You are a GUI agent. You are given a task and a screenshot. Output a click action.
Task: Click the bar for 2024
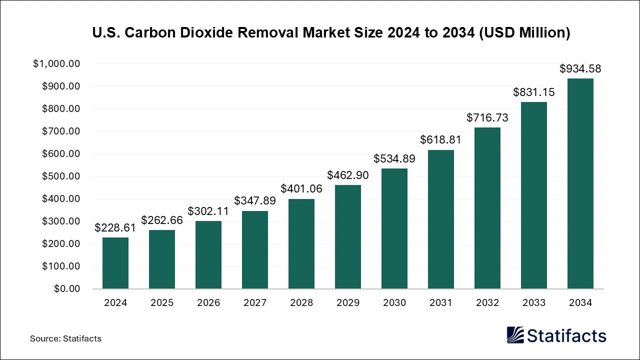coord(115,263)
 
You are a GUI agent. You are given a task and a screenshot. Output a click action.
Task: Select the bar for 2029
coord(348,237)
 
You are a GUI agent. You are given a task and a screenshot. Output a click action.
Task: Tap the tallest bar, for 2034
coord(580,183)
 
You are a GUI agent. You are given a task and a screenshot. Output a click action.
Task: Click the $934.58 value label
coord(580,68)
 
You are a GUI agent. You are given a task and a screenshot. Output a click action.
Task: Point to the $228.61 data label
coord(115,228)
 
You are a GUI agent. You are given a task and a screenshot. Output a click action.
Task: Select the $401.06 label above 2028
coord(301,189)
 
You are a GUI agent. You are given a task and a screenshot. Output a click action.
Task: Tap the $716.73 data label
coord(487,117)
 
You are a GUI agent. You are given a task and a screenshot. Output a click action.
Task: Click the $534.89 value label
coord(394,158)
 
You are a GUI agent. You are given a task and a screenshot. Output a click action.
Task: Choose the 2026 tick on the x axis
coord(208,302)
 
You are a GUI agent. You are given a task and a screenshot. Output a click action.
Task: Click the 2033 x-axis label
coord(534,302)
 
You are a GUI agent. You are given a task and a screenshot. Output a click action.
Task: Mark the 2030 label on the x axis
coord(394,302)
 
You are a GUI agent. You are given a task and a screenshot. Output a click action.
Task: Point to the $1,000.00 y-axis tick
coord(56,64)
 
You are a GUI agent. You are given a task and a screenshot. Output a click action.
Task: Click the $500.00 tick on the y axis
coord(60,176)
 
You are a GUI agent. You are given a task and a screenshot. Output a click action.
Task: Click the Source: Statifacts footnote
coord(65,338)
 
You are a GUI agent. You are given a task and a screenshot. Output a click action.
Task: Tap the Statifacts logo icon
coord(515,335)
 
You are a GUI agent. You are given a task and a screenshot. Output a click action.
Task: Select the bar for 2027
coord(255,250)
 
